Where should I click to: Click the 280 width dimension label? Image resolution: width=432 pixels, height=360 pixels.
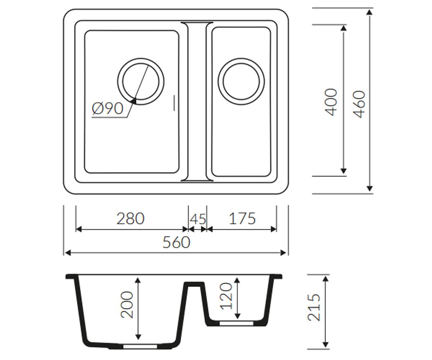pos(130,219)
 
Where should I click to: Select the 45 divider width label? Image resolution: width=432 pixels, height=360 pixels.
pos(198,219)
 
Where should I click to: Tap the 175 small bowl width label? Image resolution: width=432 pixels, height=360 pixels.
pos(242,219)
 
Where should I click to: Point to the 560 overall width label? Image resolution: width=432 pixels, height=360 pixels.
pos(176,242)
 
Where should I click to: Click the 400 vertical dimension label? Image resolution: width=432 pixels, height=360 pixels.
pos(330,102)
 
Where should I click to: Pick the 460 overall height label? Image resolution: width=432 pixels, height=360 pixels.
pos(359,104)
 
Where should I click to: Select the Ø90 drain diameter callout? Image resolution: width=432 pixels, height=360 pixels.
pos(108,108)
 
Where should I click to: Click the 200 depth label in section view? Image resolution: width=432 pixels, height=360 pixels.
pos(127,305)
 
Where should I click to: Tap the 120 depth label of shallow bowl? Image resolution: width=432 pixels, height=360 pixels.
pos(226,296)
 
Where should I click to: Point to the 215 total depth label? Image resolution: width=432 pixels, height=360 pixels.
pos(314,308)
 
